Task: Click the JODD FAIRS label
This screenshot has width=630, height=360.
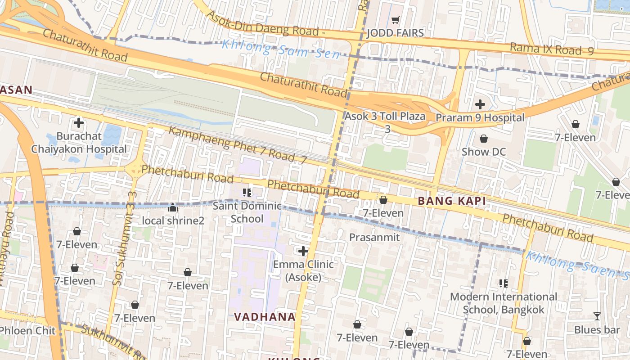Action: [395, 33]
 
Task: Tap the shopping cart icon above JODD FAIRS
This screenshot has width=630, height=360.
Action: [395, 20]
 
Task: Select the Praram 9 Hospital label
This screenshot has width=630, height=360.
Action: [480, 118]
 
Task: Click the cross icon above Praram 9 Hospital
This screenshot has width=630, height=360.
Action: [480, 105]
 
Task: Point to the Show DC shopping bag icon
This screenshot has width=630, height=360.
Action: [484, 139]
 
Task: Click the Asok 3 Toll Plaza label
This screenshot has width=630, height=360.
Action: [385, 116]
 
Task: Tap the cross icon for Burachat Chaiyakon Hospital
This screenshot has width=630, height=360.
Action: [79, 123]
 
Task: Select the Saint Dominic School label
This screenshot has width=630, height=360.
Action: [247, 212]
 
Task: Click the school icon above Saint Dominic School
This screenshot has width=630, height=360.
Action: [247, 193]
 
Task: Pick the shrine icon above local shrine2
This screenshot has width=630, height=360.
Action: [173, 207]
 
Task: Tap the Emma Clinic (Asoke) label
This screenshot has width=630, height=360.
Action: [303, 270]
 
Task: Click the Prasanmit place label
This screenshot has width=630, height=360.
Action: [374, 237]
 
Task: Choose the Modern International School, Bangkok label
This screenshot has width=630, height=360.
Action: [504, 303]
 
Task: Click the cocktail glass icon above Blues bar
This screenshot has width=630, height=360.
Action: [597, 316]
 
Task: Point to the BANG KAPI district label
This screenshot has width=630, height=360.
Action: [452, 201]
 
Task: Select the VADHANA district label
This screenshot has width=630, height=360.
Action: [265, 317]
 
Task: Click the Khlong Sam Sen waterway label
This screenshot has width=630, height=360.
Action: [281, 49]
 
